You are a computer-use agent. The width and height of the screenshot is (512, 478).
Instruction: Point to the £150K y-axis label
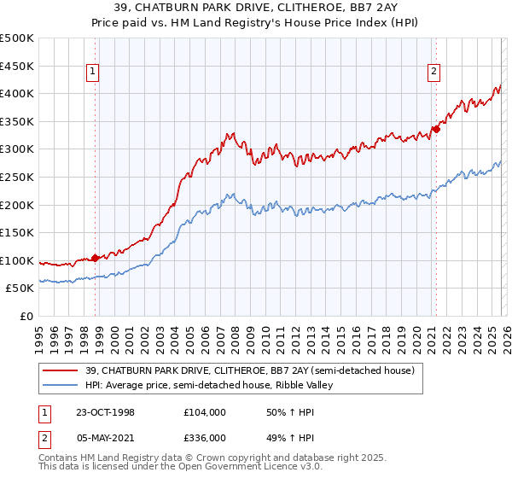(16, 233)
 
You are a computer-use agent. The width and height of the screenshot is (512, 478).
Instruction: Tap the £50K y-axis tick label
(20, 289)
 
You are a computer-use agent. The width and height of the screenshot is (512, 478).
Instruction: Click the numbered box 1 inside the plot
(92, 73)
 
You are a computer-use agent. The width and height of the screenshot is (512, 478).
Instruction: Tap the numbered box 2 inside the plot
(434, 73)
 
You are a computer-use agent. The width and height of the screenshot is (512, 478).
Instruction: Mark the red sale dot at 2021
(435, 130)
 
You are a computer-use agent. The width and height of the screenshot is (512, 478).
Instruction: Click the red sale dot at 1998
(96, 257)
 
